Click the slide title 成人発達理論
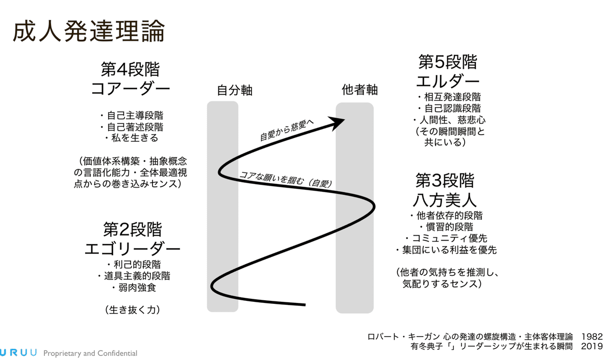[x=88, y=32]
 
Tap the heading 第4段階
[x=130, y=69]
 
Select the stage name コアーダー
[x=130, y=89]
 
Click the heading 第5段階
[x=448, y=62]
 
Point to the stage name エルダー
[x=448, y=81]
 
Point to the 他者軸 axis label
[x=360, y=90]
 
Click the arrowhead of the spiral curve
[x=338, y=122]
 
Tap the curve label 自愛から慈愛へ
[x=287, y=130]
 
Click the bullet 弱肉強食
[x=134, y=288]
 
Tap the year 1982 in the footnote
[x=592, y=337]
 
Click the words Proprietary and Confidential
[x=90, y=353]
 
